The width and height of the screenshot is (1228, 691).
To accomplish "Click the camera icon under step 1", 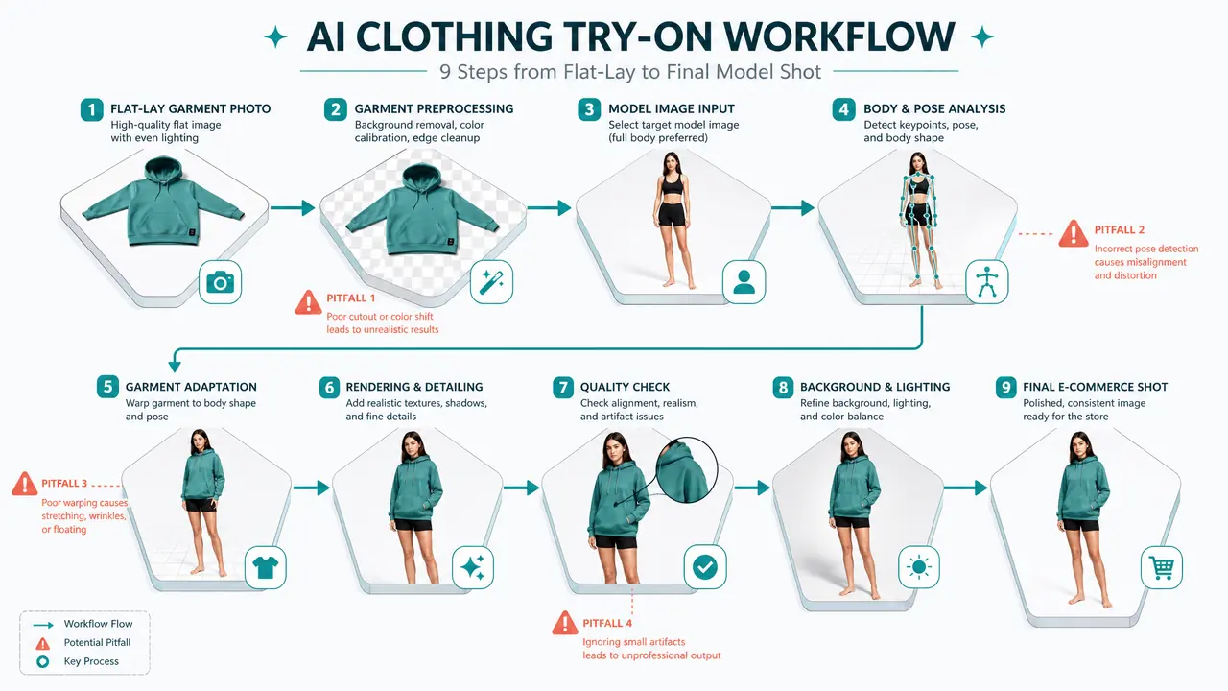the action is pyautogui.click(x=220, y=282).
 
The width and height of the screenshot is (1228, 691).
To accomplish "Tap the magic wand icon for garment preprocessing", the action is pyautogui.click(x=491, y=282).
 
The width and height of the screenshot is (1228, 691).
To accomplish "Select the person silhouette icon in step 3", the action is pyautogui.click(x=744, y=282).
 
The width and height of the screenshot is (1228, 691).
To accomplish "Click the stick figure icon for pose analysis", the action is pyautogui.click(x=987, y=282).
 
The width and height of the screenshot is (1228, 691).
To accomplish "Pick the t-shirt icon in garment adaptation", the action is pyautogui.click(x=266, y=567).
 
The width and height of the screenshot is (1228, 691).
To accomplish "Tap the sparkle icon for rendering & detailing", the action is pyautogui.click(x=473, y=567).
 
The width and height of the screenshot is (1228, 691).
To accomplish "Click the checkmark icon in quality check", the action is pyautogui.click(x=705, y=567).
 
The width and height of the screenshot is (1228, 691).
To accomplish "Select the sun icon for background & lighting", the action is pyautogui.click(x=919, y=567).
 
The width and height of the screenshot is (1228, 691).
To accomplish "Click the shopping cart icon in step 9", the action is pyautogui.click(x=1162, y=567).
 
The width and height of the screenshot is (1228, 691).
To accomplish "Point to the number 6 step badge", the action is pyautogui.click(x=329, y=387).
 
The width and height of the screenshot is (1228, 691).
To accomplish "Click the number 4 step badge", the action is pyautogui.click(x=843, y=109).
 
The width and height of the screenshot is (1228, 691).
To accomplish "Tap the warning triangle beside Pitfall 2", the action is pyautogui.click(x=1074, y=233).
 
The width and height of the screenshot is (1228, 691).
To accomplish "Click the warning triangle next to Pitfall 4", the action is pyautogui.click(x=565, y=623).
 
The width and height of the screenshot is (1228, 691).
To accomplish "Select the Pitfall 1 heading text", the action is pyautogui.click(x=351, y=298).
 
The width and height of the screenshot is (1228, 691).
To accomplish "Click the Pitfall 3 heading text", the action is pyautogui.click(x=64, y=484).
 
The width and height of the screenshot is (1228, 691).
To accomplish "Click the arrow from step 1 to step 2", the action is pyautogui.click(x=293, y=208).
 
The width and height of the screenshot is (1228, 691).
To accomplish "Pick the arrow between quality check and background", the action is pyautogui.click(x=752, y=488).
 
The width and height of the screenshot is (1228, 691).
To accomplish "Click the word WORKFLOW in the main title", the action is pyautogui.click(x=839, y=37).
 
